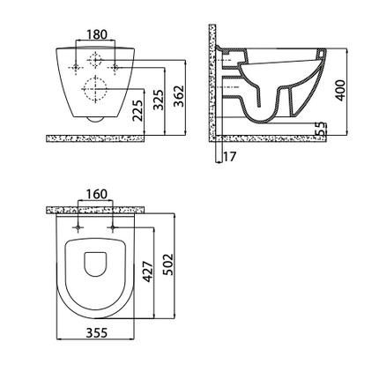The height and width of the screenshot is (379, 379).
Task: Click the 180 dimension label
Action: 96,34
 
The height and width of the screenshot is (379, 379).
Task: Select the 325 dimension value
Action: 159,100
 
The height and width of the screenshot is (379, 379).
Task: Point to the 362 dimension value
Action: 178,96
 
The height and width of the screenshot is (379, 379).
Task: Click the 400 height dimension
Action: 340,90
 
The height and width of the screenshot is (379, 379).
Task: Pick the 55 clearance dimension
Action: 321,129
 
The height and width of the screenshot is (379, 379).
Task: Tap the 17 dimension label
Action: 229,157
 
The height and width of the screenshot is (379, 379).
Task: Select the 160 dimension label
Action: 96,194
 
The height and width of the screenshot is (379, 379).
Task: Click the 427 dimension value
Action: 148,271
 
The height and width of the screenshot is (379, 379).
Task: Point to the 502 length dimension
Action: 168,264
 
